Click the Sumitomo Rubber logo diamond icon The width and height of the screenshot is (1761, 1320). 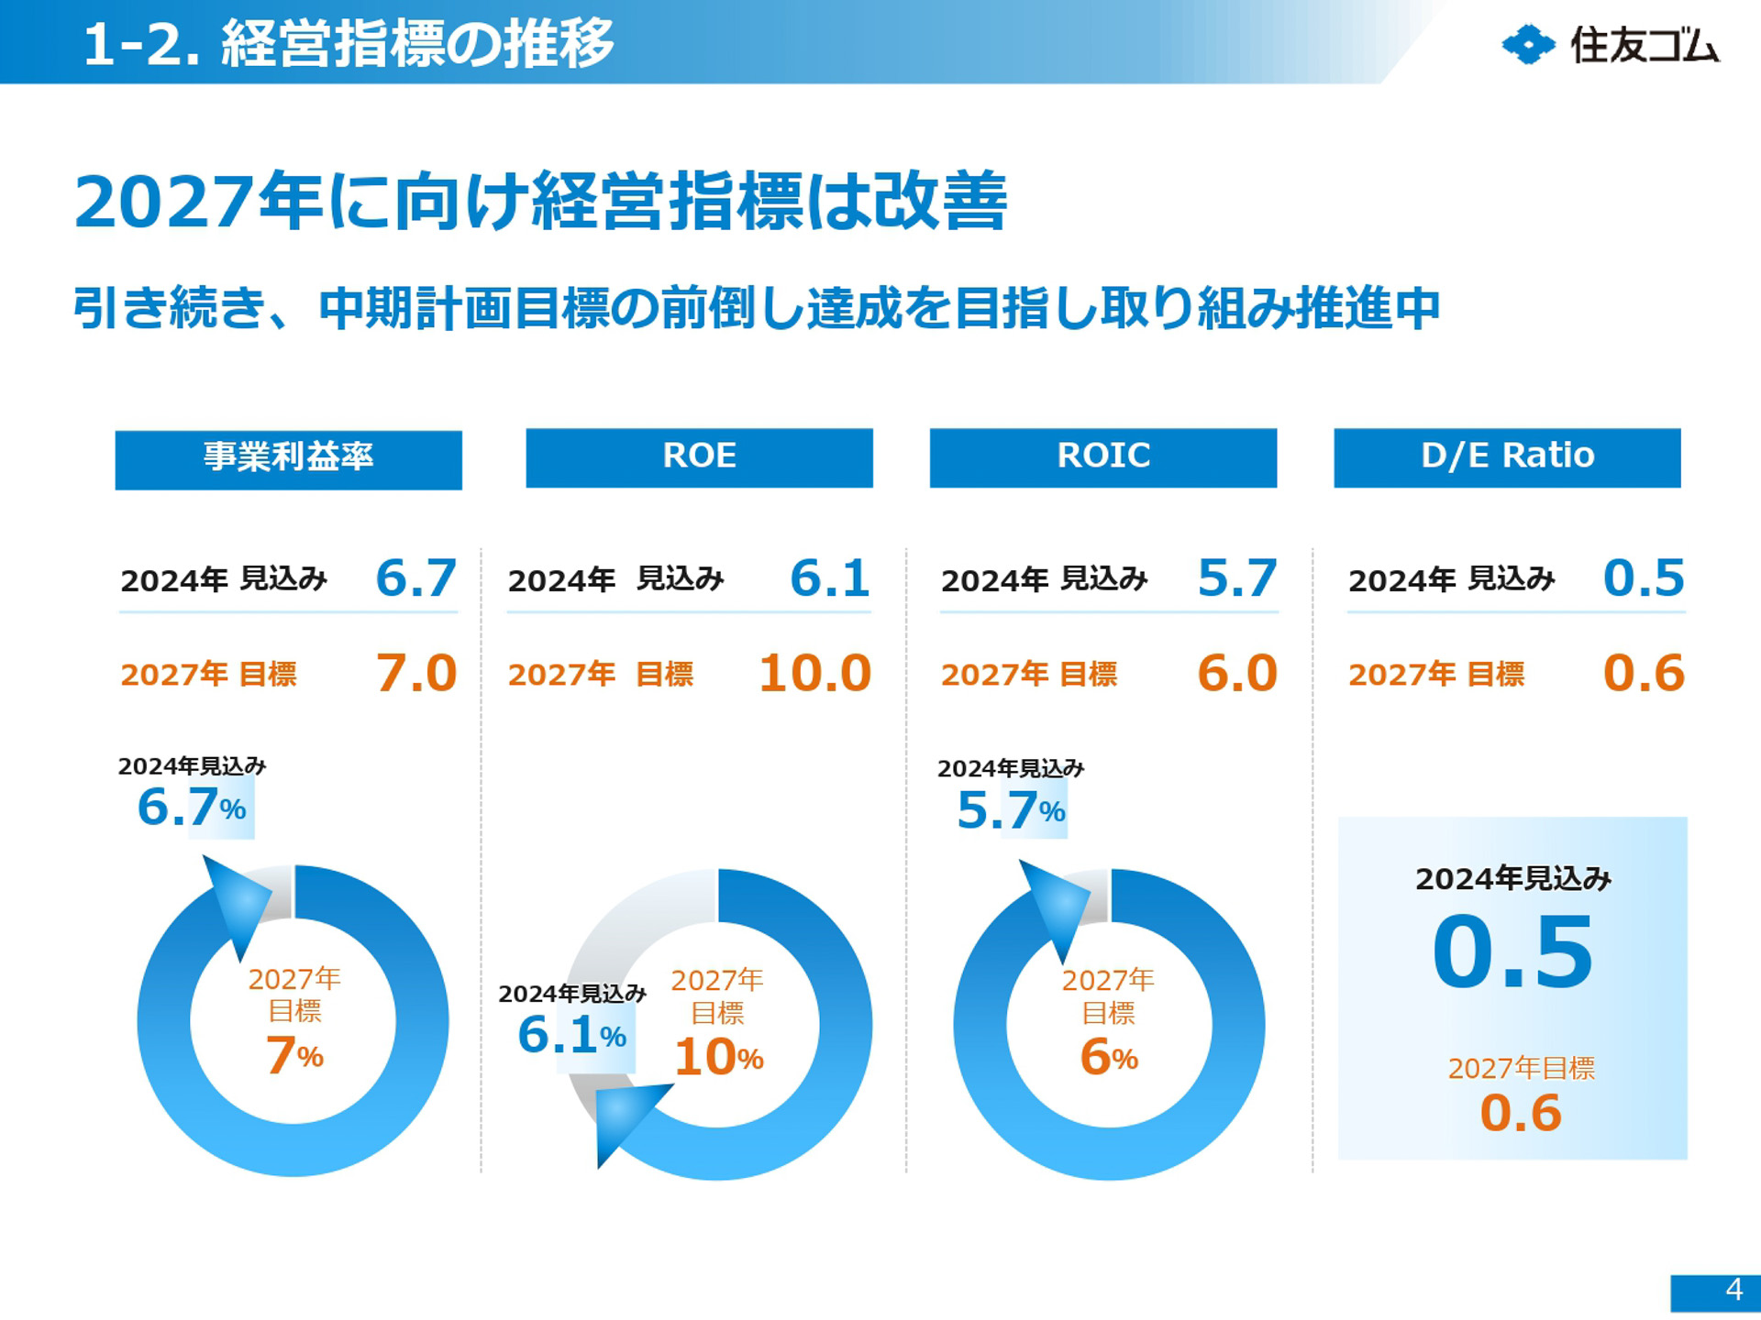(x=1527, y=45)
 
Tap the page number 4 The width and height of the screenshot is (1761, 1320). (x=1733, y=1290)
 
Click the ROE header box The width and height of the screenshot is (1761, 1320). (x=699, y=457)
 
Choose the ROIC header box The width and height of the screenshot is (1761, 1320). (x=1102, y=457)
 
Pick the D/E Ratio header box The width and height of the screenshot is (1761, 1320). (x=1507, y=457)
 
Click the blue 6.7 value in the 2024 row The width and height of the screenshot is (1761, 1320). (x=415, y=578)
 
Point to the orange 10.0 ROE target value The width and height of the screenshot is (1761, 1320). (x=814, y=674)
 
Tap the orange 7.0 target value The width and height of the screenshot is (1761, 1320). (x=415, y=674)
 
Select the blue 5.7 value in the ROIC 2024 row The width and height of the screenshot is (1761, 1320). (x=1236, y=578)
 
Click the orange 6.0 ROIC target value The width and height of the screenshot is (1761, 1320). (x=1236, y=674)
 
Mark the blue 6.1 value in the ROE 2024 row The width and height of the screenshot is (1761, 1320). (x=829, y=578)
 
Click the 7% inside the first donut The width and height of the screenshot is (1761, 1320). (x=293, y=1055)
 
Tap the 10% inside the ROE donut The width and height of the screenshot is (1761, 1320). (x=718, y=1057)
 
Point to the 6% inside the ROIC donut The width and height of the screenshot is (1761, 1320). (x=1108, y=1057)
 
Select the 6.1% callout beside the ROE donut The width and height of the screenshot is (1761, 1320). (x=571, y=1036)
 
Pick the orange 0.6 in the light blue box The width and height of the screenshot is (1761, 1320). (x=1520, y=1113)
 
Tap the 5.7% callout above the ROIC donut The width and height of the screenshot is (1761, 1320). (x=1010, y=810)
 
